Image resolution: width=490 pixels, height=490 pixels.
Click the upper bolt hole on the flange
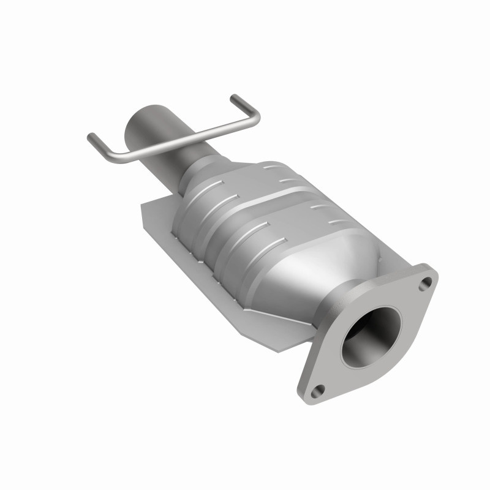pos(427,282)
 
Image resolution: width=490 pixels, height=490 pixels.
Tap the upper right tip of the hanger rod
pos(233,97)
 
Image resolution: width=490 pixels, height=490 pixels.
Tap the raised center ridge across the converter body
pos(269,208)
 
